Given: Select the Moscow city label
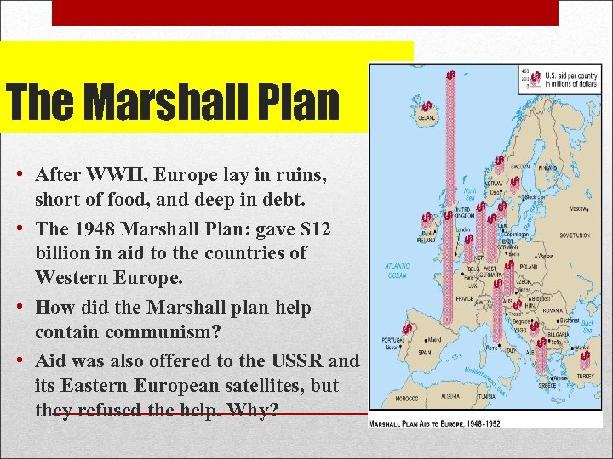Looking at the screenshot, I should point(579,207).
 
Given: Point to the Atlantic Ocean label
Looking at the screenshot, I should point(397,270).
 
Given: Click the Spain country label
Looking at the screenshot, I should point(425,351).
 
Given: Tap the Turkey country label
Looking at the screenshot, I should point(585,376).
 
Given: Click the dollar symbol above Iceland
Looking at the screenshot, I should point(426,108).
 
